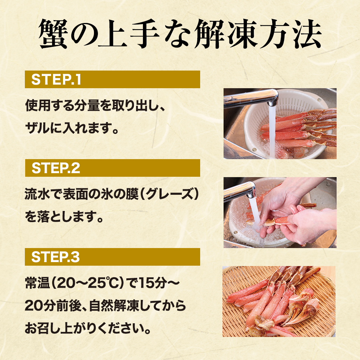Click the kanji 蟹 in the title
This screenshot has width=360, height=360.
[53, 34]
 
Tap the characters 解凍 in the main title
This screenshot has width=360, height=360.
[226, 34]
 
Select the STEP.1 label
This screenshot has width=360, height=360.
[56, 80]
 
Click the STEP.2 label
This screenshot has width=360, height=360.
[56, 168]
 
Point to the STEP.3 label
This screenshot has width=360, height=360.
[55, 257]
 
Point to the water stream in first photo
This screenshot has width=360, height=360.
[272, 131]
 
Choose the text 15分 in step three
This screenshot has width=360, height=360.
[153, 283]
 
